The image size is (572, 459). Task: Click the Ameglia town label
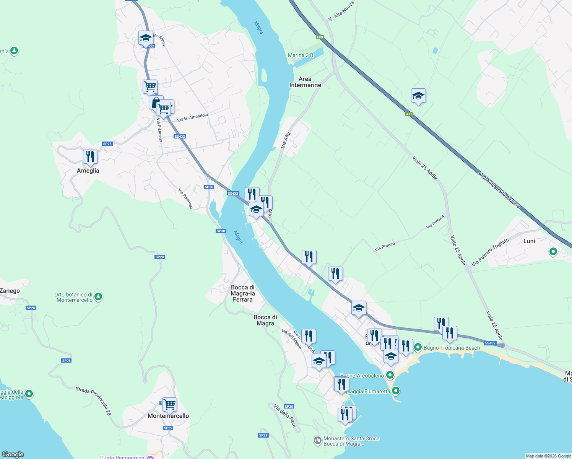[x=88, y=171]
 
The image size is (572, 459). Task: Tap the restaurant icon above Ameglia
[x=90, y=157]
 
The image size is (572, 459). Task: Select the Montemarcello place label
[x=168, y=416]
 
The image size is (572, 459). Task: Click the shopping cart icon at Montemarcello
[x=169, y=404]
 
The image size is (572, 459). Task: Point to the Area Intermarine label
[x=305, y=82]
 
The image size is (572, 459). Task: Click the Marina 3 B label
[x=301, y=55]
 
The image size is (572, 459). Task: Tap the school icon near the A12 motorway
[x=418, y=96]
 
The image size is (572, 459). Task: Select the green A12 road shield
[x=409, y=114]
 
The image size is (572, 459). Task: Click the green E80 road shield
[x=320, y=37]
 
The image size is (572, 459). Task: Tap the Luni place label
[x=529, y=241]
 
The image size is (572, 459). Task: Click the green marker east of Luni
[x=553, y=252]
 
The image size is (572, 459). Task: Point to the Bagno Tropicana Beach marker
[x=418, y=347]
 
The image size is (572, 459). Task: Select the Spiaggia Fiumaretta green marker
[x=396, y=391]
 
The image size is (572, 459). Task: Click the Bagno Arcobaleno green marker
[x=390, y=375]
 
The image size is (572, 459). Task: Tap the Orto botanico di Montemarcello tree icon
[x=98, y=296]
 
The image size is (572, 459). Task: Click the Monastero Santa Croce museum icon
[x=317, y=441]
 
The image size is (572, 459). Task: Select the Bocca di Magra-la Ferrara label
[x=243, y=293]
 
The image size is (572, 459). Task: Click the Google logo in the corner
[x=13, y=454]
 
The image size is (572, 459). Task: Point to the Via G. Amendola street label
[x=192, y=117]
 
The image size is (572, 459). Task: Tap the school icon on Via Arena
[x=145, y=38]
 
